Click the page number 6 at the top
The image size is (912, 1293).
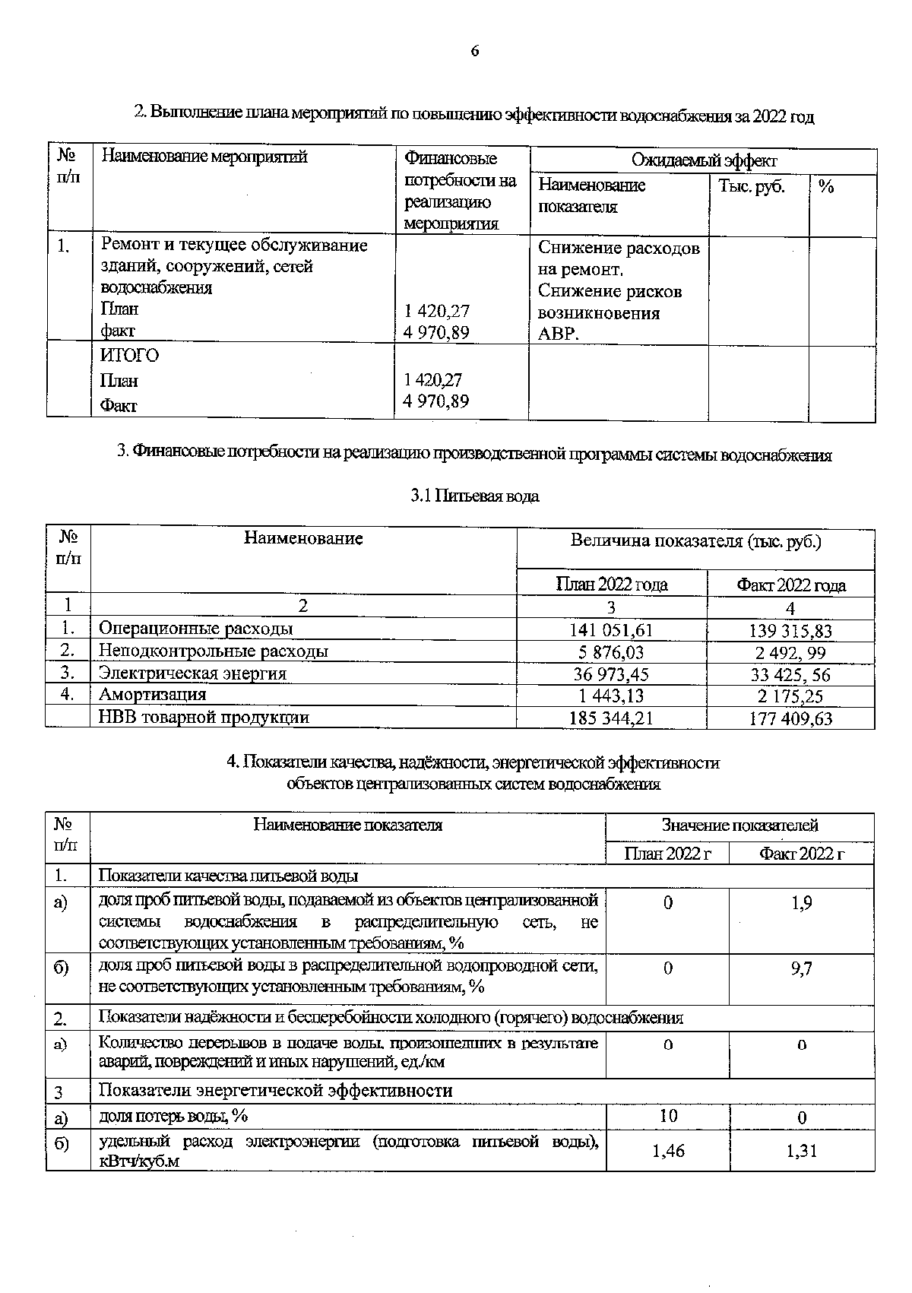[x=474, y=51]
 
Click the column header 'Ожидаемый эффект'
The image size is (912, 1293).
[x=704, y=161]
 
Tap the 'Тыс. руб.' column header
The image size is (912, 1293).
[x=752, y=186]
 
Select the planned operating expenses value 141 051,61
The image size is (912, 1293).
[x=611, y=630]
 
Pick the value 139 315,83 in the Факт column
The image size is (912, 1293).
[x=790, y=631]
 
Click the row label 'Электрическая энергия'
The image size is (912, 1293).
[x=193, y=673]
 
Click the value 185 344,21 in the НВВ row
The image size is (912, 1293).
[x=611, y=718]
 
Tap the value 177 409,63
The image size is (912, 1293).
[x=790, y=718]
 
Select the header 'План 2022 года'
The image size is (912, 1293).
[x=612, y=585]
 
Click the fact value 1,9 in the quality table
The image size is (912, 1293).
[x=802, y=903]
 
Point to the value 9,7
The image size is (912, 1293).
[x=802, y=969]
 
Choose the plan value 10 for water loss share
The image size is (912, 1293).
[x=668, y=1116]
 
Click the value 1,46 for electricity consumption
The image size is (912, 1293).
[x=668, y=1151]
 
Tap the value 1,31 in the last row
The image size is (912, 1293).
[x=802, y=1151]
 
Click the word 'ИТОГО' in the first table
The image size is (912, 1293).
[x=130, y=356]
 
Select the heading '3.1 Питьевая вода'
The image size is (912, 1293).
[x=475, y=496]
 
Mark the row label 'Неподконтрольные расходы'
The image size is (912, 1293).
[x=214, y=651]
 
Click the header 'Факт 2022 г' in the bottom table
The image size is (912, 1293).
[x=802, y=854]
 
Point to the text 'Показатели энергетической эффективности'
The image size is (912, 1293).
[x=276, y=1090]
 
